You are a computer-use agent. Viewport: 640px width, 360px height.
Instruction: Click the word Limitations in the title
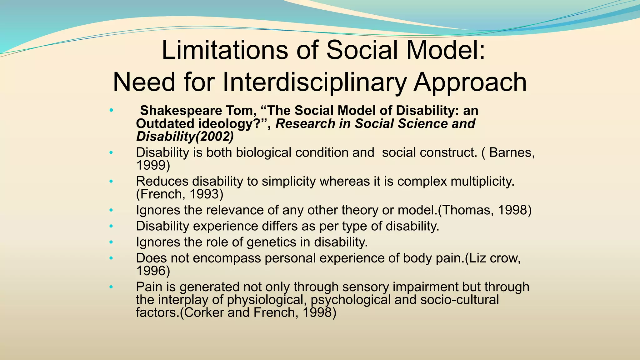(x=225, y=51)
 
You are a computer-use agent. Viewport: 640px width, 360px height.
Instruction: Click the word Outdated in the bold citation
(x=165, y=124)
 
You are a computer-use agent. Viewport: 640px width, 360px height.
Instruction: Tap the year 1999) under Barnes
(x=153, y=165)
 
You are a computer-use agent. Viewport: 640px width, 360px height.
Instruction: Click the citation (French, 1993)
(x=180, y=194)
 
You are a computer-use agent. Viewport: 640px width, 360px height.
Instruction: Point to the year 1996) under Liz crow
(x=153, y=271)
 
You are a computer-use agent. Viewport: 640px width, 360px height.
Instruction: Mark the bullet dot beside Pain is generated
(x=111, y=287)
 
